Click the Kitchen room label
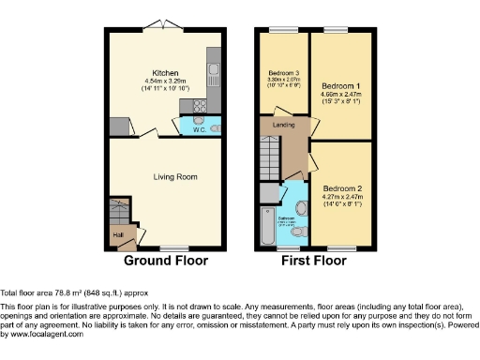(165, 71)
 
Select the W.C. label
(200, 130)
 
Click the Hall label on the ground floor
(118, 235)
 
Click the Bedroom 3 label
(285, 72)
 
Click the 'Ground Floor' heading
(165, 260)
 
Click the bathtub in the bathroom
(269, 225)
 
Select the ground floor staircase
(120, 212)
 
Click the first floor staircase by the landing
(271, 151)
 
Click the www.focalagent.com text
(38, 335)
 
